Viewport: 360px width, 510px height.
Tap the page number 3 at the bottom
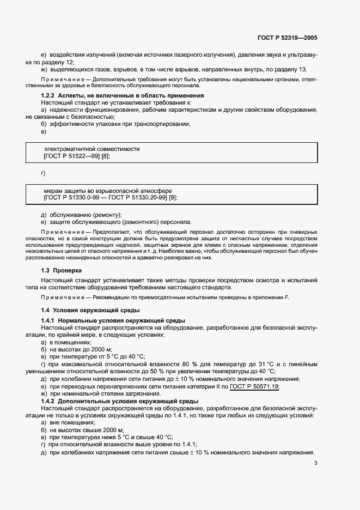point(316,464)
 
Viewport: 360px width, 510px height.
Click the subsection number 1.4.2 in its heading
point(50,402)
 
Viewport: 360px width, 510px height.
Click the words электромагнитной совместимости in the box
point(91,149)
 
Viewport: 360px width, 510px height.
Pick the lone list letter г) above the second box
point(44,173)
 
